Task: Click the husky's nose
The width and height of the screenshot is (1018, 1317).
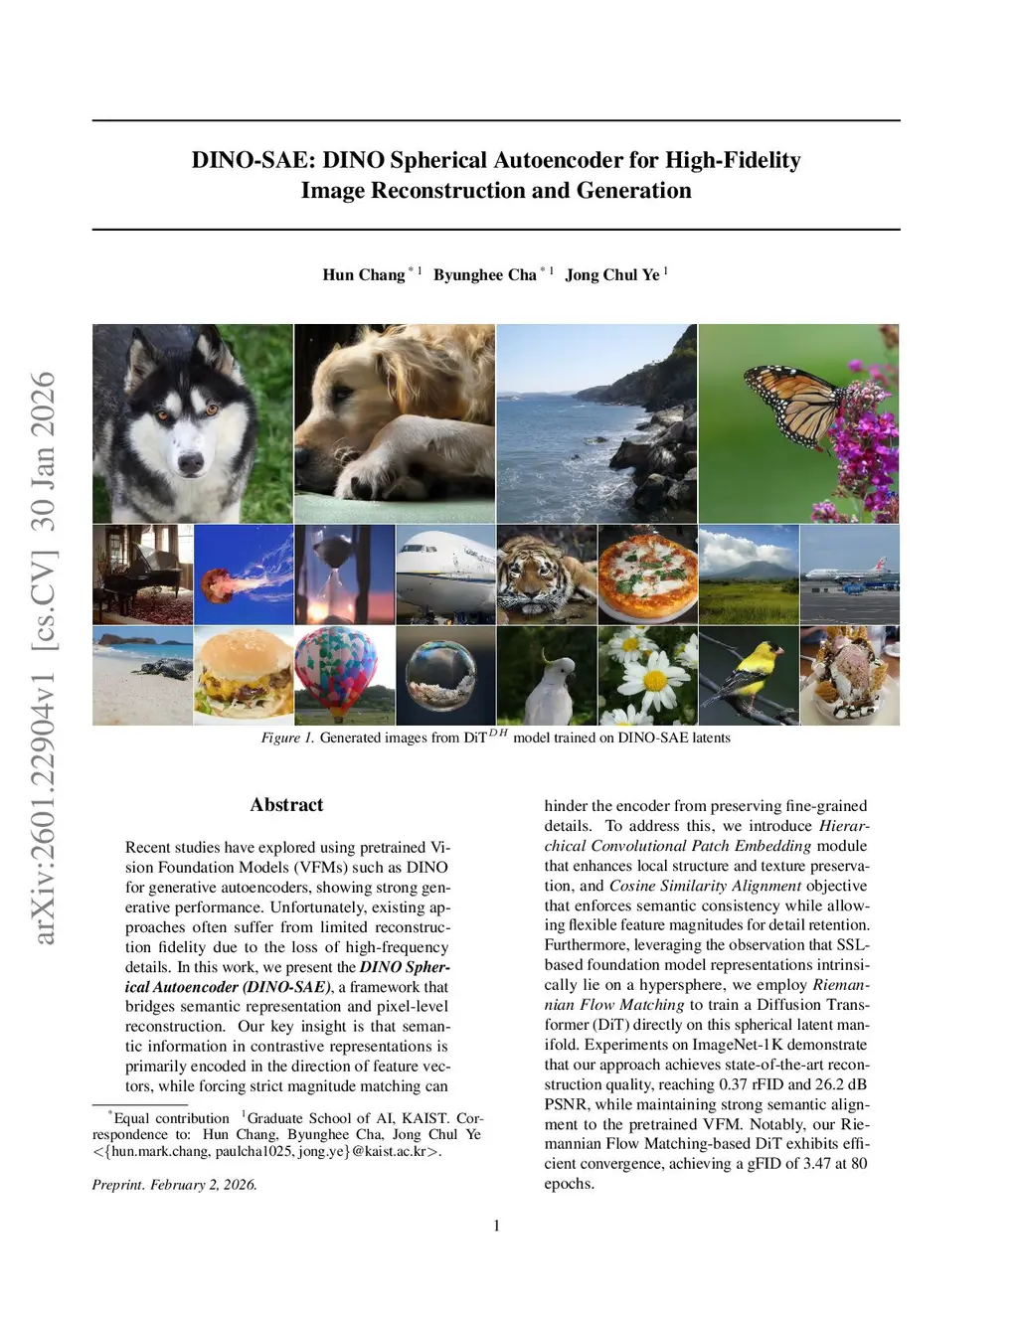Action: (x=189, y=461)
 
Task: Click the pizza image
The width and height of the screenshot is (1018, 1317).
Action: (x=647, y=574)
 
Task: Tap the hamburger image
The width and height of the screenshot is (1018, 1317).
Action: (x=244, y=675)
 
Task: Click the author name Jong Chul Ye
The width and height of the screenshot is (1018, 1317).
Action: (x=611, y=275)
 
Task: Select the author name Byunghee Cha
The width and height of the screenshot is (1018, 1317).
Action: (x=485, y=275)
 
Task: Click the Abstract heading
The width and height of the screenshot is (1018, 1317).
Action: (x=286, y=805)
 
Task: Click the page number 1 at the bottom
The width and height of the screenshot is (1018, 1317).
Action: (x=497, y=1226)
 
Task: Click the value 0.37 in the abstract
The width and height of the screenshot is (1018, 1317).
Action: (x=733, y=1084)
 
